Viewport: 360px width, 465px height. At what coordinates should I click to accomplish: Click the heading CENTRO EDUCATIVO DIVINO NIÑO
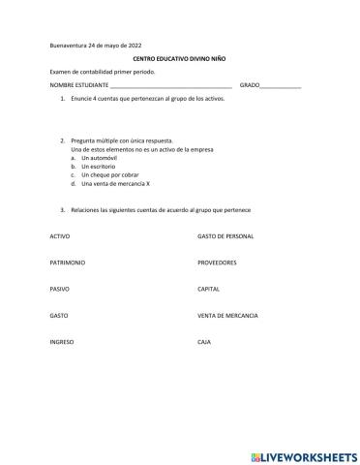[179, 58]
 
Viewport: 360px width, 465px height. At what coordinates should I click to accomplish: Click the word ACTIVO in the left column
[60, 235]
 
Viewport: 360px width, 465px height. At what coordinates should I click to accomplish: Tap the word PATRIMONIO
[67, 263]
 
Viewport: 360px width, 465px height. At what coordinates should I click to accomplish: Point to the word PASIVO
[60, 289]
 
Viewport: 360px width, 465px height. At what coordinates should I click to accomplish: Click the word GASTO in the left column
[59, 315]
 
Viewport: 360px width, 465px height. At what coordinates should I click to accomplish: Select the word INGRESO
[62, 341]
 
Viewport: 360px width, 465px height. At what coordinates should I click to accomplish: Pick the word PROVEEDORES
[217, 263]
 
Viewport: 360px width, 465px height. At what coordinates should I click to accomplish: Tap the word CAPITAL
[209, 289]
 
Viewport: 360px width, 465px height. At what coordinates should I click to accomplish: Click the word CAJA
[204, 341]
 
